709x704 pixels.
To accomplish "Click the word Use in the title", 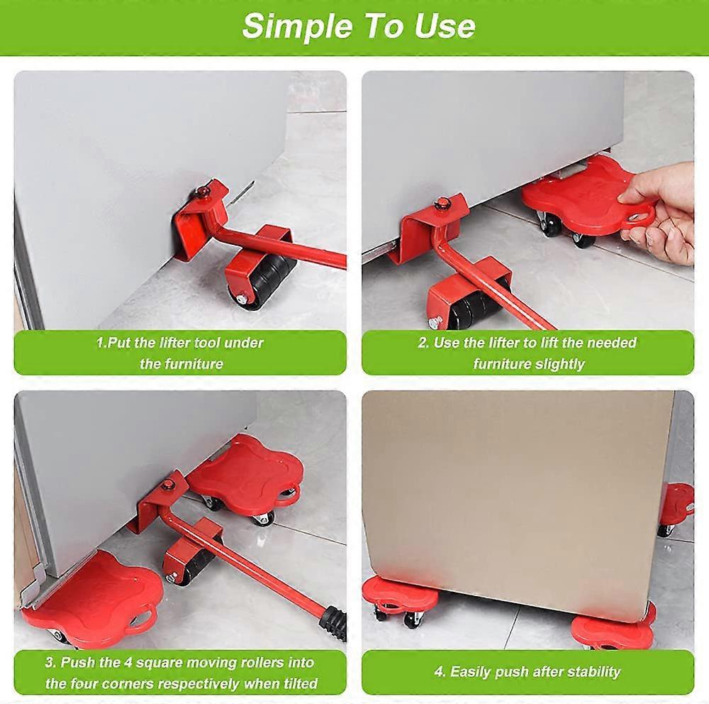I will (x=447, y=26).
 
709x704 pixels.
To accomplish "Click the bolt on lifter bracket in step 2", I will (x=442, y=204).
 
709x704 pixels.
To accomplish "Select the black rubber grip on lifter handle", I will (x=333, y=622).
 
